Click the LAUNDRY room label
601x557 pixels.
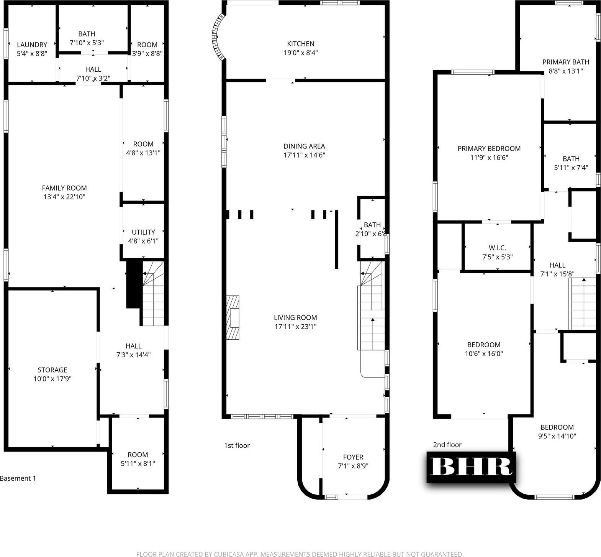point(32,45)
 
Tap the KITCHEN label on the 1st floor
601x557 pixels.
point(301,44)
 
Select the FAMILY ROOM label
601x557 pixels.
point(64,188)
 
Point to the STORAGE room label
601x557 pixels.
point(52,370)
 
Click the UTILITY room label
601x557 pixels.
point(143,232)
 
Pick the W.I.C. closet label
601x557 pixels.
point(497,248)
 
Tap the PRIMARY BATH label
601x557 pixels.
point(566,62)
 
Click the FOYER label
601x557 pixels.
point(353,457)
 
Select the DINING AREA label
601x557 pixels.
point(304,146)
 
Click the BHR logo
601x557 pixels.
point(472,467)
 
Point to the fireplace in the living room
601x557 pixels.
point(233,318)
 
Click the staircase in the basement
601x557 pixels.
point(153,293)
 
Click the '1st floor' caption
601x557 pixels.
point(237,445)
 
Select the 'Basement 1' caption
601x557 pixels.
point(18,478)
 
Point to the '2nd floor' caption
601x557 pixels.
point(447,445)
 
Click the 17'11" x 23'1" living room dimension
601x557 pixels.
point(295,327)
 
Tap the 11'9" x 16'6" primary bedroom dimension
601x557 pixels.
point(489,158)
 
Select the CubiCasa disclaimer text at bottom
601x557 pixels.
point(300,554)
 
